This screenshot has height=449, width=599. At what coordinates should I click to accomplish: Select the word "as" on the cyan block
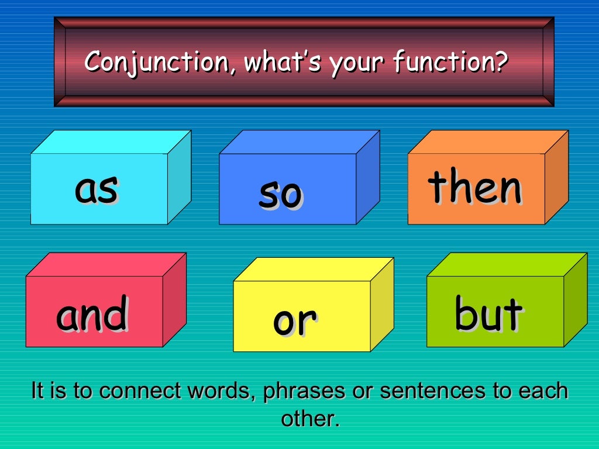pyautogui.click(x=97, y=189)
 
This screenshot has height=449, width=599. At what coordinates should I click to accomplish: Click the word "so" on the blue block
pyautogui.click(x=280, y=195)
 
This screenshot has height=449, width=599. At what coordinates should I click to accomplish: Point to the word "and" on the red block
pyautogui.click(x=92, y=314)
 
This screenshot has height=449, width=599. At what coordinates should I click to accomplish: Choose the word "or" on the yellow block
pyautogui.click(x=295, y=321)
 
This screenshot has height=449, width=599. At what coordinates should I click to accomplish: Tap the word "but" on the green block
pyautogui.click(x=488, y=313)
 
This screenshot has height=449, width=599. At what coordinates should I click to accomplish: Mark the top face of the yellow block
pyautogui.click(x=314, y=269)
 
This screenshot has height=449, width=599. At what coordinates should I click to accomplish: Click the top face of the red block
pyautogui.click(x=106, y=264)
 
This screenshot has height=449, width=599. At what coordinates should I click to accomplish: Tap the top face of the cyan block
pyautogui.click(x=111, y=142)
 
